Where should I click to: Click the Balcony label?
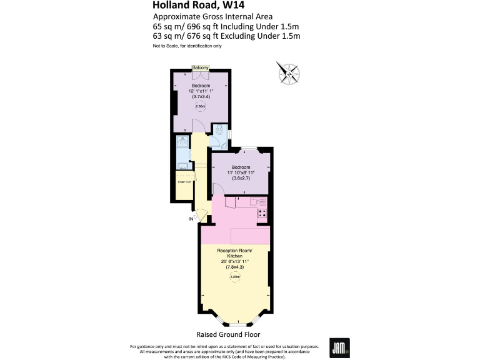click(x=200, y=67)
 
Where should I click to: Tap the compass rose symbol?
click(x=289, y=73)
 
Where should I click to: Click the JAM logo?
click(x=339, y=347)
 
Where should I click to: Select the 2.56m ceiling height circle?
click(x=201, y=106)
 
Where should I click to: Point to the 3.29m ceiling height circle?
click(x=235, y=277)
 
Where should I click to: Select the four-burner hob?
click(x=262, y=213)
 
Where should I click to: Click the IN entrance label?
click(x=191, y=219)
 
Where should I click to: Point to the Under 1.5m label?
click(x=184, y=182)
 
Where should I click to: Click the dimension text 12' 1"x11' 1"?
click(x=200, y=91)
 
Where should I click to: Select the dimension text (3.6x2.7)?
click(x=241, y=179)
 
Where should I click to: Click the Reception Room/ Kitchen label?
click(x=234, y=252)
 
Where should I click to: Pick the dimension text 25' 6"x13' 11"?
click(x=234, y=262)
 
